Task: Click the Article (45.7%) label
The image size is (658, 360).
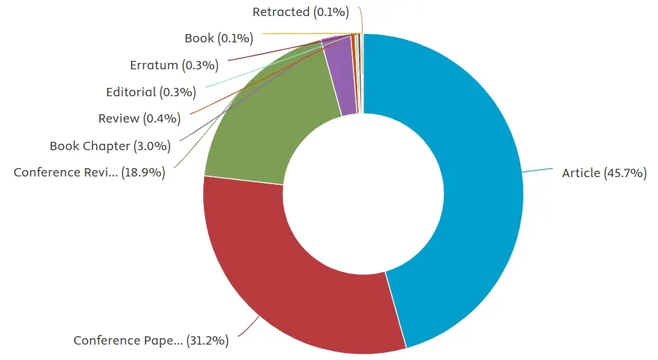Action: (604, 173)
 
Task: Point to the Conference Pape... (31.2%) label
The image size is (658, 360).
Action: (151, 340)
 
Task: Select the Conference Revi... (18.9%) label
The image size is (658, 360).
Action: (89, 172)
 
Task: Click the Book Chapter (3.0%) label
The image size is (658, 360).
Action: (110, 146)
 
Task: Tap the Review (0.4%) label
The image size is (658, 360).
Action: (139, 119)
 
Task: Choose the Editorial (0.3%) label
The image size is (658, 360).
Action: (151, 92)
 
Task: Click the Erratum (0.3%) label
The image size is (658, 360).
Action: (174, 65)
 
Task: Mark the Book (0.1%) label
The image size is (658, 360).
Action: (219, 39)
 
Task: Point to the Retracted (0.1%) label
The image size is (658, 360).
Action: (301, 12)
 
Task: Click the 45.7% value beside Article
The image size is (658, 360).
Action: (625, 173)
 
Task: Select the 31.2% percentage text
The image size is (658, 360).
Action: (207, 340)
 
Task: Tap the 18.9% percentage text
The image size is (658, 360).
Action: (144, 172)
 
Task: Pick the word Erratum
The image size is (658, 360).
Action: (154, 65)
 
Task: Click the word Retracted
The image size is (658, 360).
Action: (281, 12)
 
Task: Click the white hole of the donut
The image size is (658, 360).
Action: (364, 194)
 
